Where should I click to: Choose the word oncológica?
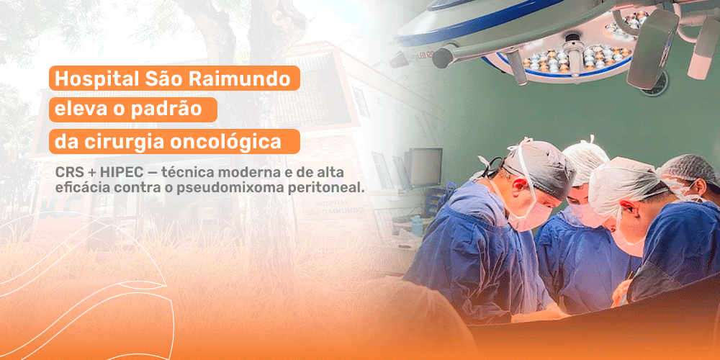point(225,142)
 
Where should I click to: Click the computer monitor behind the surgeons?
point(425,167)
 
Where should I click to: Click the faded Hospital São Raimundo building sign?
point(334,206)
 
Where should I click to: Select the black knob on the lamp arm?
point(443,58)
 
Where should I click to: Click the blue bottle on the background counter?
point(417,225)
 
